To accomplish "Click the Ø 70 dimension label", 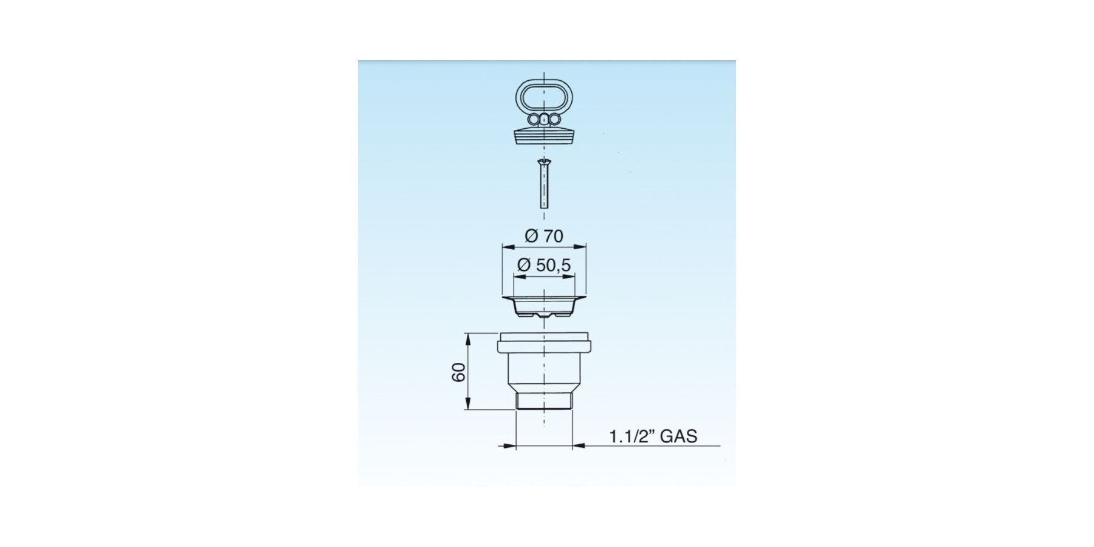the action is coord(544,236).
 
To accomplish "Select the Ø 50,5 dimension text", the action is coord(544,265).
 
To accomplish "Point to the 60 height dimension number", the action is coord(459,372).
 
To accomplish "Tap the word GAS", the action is coord(678,436).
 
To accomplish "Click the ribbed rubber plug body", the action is coord(543,136).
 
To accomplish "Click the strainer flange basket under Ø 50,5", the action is coord(543,306).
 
